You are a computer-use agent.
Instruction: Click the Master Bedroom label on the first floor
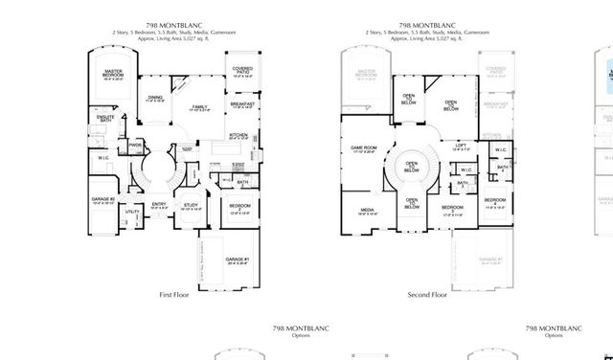[113, 75]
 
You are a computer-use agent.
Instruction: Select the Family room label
[199, 108]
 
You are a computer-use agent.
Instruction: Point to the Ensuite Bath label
[107, 119]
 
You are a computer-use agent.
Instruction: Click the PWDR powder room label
[135, 146]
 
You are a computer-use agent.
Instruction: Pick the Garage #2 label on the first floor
[103, 200]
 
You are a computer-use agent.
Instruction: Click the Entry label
[159, 204]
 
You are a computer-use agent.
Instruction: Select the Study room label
[191, 205]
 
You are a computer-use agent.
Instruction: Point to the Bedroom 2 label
[239, 208]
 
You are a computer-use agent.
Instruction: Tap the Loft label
[460, 146]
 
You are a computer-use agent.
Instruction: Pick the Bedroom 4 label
[494, 204]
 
